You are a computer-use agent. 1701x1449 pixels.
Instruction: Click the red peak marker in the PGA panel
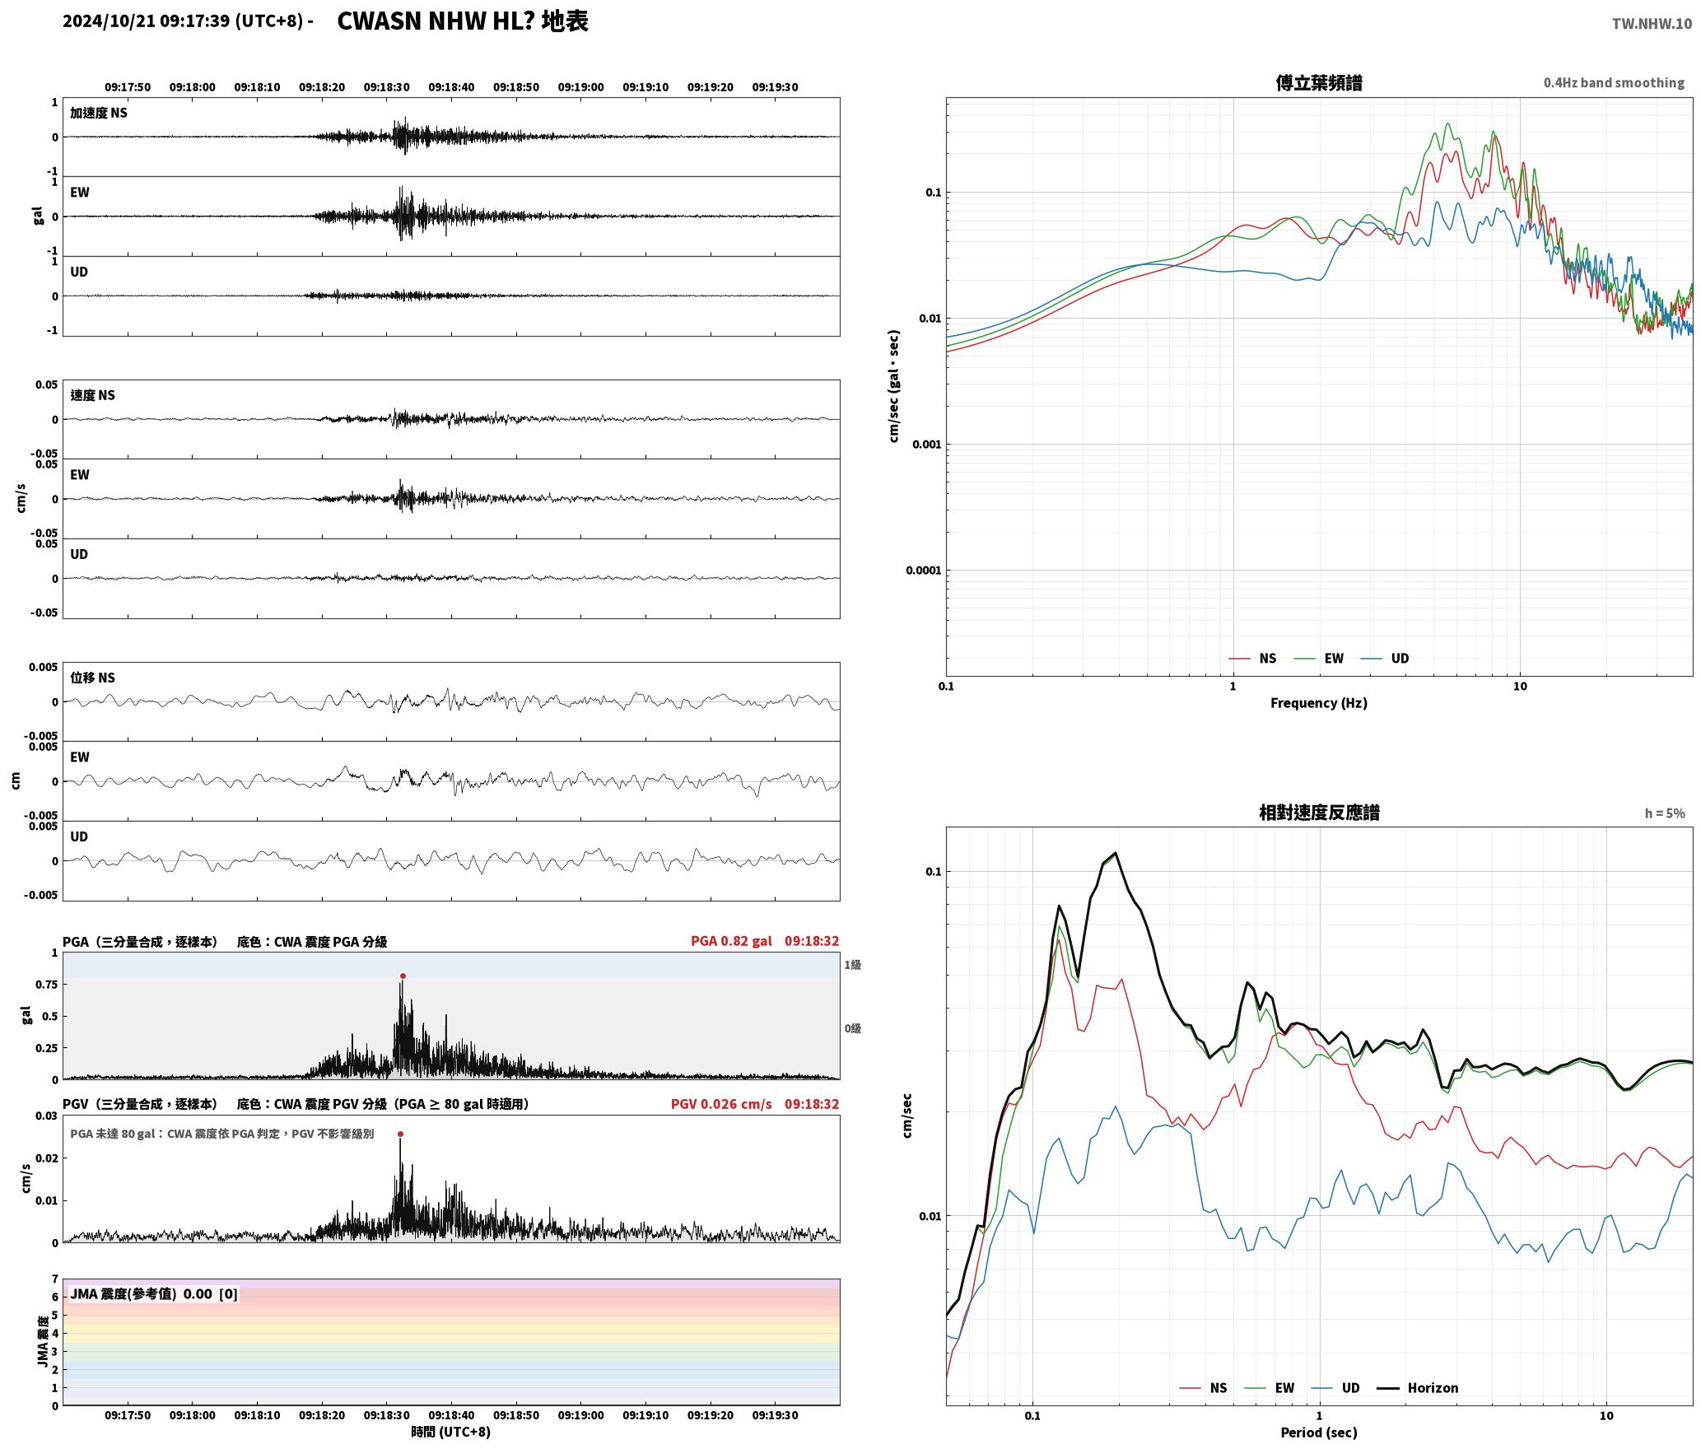403,976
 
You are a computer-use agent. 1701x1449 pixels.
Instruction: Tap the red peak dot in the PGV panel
400,1135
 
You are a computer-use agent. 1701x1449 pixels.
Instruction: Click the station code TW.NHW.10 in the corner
1652,24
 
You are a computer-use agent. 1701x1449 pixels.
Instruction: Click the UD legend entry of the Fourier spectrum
1385,659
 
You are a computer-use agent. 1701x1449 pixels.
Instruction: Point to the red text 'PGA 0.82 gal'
731,941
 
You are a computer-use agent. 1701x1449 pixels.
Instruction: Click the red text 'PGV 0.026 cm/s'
721,1104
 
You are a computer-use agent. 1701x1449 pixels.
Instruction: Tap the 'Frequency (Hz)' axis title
1318,703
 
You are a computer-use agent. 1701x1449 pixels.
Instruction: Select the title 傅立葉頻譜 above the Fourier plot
1318,83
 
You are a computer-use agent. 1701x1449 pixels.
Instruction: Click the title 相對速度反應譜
1319,813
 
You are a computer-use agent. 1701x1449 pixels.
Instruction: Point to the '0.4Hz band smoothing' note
1614,83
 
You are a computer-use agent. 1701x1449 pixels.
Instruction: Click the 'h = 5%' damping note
1665,813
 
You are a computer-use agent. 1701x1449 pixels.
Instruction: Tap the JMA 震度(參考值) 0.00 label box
154,1294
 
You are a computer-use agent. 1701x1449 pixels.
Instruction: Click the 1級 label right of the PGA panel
852,965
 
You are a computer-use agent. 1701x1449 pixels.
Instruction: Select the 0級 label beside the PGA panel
852,1028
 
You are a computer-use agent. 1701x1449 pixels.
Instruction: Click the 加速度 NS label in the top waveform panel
99,113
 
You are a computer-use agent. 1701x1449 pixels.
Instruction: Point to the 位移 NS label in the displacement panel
92,678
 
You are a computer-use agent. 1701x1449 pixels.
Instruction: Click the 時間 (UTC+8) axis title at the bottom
451,1432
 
